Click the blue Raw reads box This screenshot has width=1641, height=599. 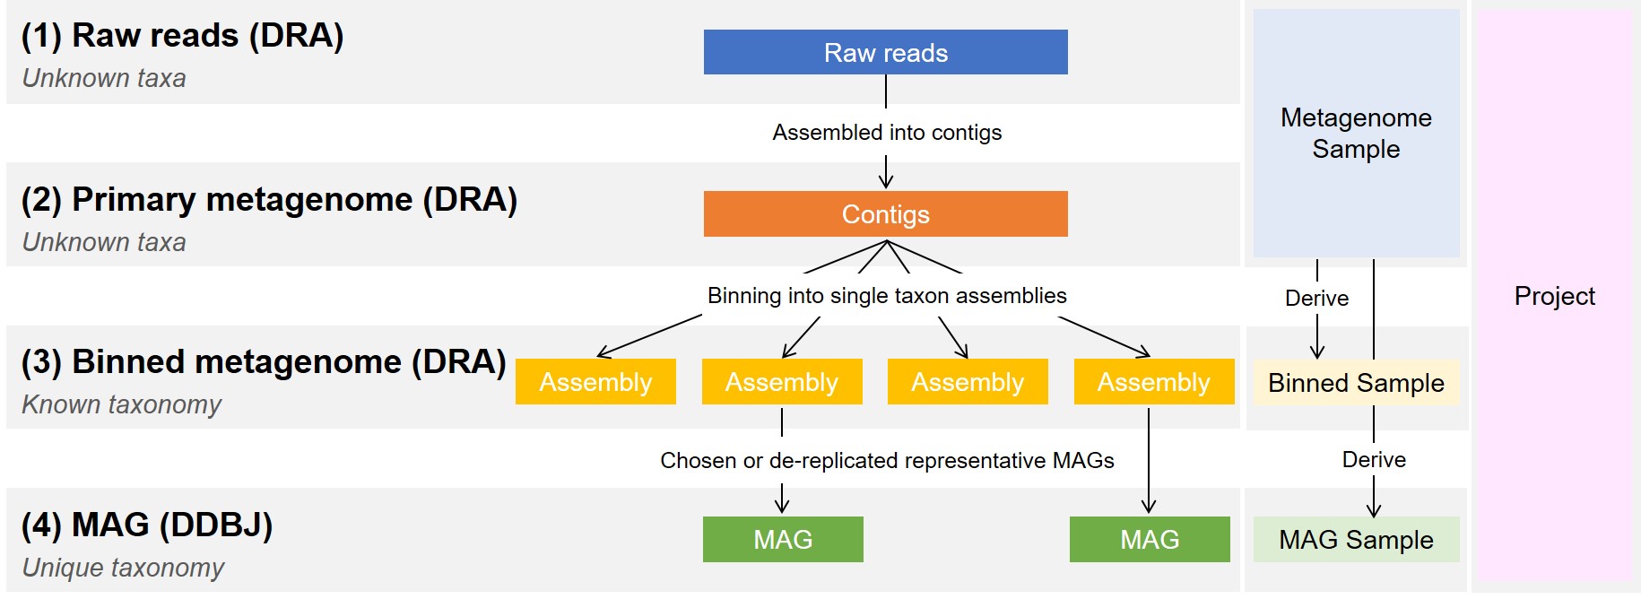click(885, 52)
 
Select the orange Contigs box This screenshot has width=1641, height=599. click(885, 214)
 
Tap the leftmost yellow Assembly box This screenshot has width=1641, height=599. click(595, 382)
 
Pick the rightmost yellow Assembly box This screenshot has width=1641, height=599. click(1153, 382)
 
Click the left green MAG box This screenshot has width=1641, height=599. click(783, 539)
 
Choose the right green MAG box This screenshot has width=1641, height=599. click(1150, 539)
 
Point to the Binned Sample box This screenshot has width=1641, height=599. click(1356, 383)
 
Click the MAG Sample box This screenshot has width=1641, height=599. click(1356, 539)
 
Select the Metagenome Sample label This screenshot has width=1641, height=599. click(1356, 133)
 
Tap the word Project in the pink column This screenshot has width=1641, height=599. click(1554, 296)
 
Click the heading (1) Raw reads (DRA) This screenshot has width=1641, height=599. click(182, 35)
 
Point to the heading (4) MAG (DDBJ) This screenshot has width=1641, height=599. click(146, 525)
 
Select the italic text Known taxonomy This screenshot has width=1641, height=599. click(121, 404)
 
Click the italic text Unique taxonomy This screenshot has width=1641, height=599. click(123, 568)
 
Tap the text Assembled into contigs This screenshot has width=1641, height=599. click(887, 133)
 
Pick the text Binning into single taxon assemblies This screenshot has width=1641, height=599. click(887, 296)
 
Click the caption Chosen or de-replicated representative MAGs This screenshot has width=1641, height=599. click(887, 460)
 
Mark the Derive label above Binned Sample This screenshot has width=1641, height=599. click(1316, 298)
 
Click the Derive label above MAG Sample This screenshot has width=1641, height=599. click(1374, 460)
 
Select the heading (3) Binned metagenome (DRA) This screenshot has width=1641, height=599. click(264, 361)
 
